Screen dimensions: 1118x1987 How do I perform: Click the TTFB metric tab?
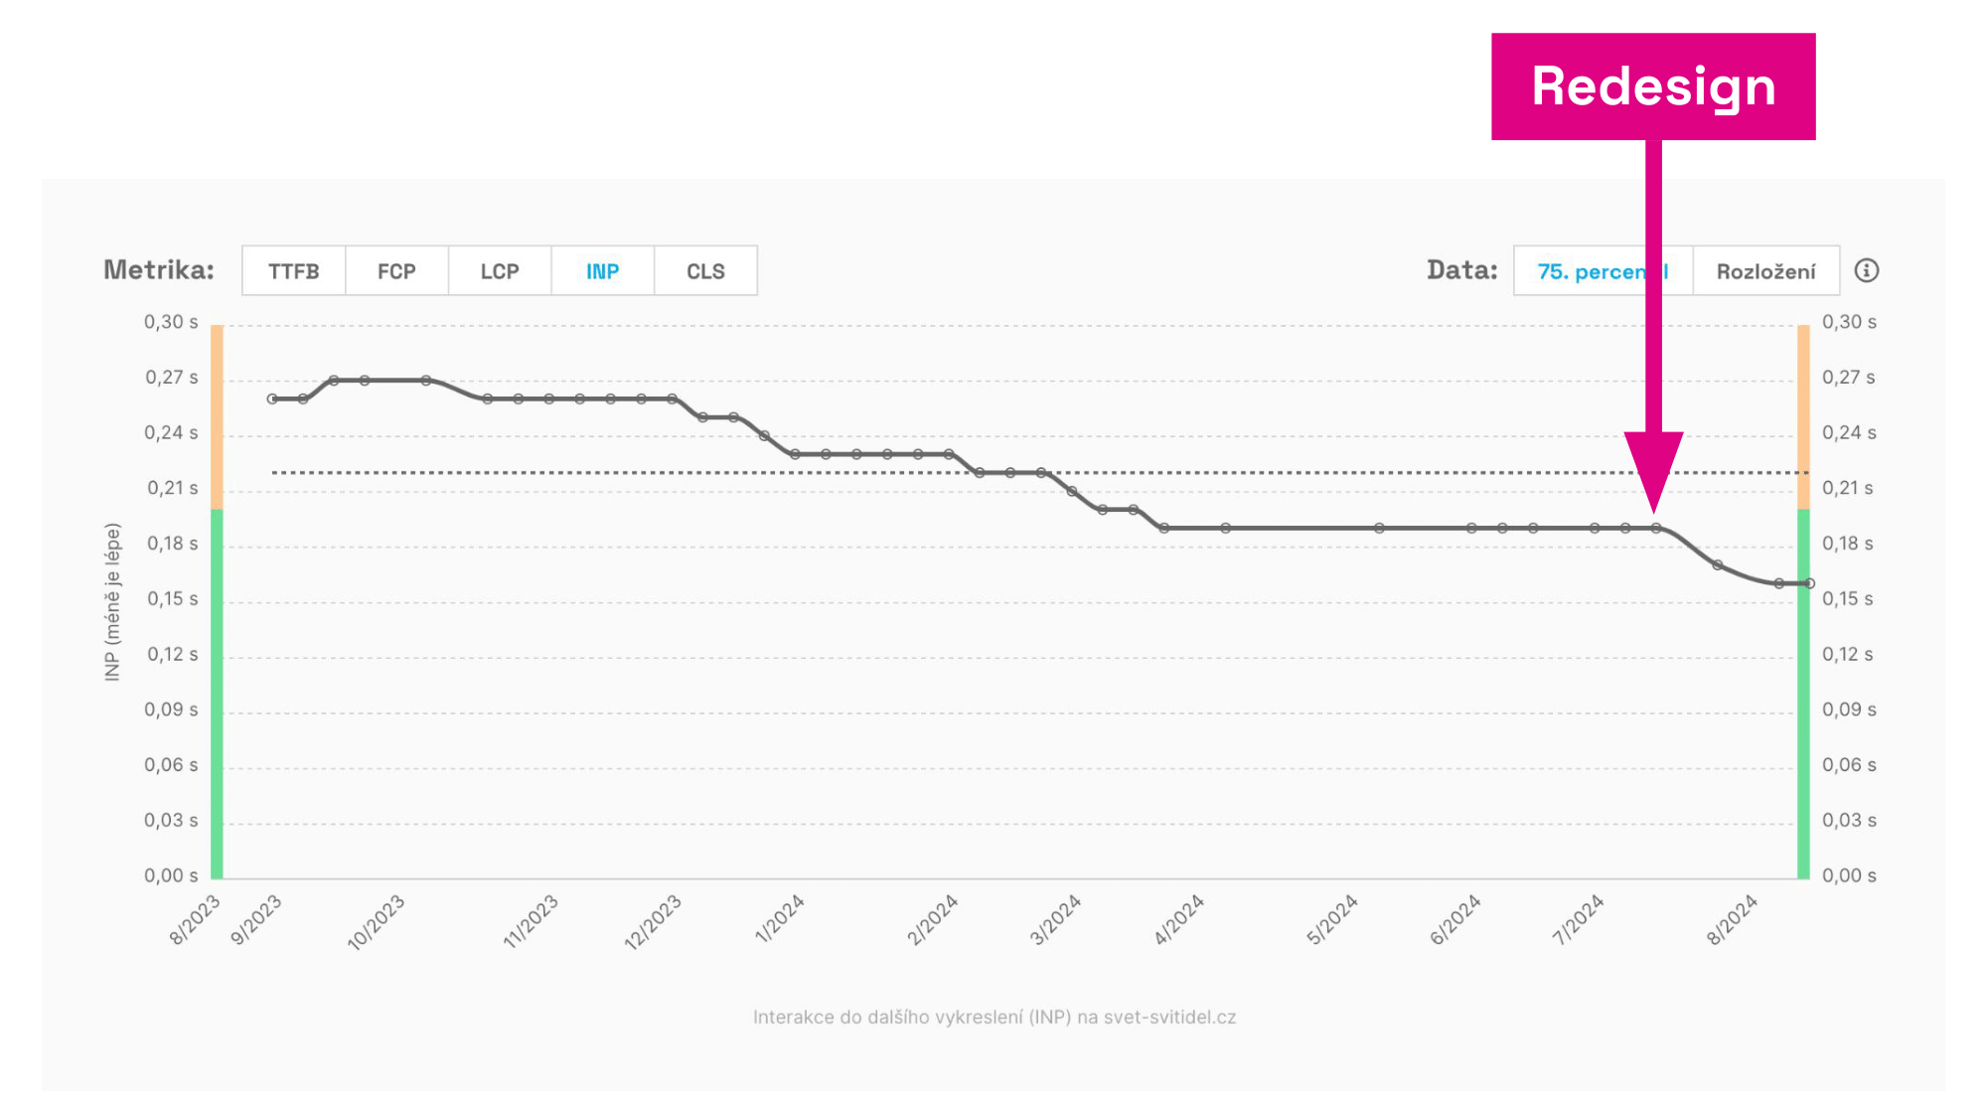[x=293, y=271]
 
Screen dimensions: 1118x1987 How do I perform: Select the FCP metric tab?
[x=396, y=271]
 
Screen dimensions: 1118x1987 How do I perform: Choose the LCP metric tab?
[x=500, y=271]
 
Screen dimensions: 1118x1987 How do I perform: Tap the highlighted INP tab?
[x=602, y=271]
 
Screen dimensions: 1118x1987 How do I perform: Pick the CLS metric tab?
[x=705, y=271]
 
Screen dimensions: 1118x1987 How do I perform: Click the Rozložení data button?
[x=1765, y=271]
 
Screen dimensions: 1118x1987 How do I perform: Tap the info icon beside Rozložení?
[x=1866, y=270]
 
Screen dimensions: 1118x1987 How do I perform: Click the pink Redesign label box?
[x=1653, y=86]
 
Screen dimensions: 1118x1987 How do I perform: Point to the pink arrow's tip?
[x=1654, y=511]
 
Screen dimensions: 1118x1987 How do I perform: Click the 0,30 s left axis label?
[x=171, y=322]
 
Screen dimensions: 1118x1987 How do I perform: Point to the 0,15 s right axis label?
[x=1847, y=599]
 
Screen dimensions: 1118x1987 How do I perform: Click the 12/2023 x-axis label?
[x=653, y=921]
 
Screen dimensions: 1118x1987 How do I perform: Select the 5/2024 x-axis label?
[x=1331, y=919]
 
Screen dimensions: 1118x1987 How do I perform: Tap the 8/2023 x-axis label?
[x=195, y=919]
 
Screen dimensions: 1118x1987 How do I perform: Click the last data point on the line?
[x=1809, y=583]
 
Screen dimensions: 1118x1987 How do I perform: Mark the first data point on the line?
[x=272, y=399]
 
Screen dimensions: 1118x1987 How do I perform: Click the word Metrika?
[x=159, y=270]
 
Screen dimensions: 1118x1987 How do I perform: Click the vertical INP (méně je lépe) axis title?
[x=112, y=601]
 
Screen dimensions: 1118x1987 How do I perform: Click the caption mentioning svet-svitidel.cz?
[x=993, y=1017]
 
